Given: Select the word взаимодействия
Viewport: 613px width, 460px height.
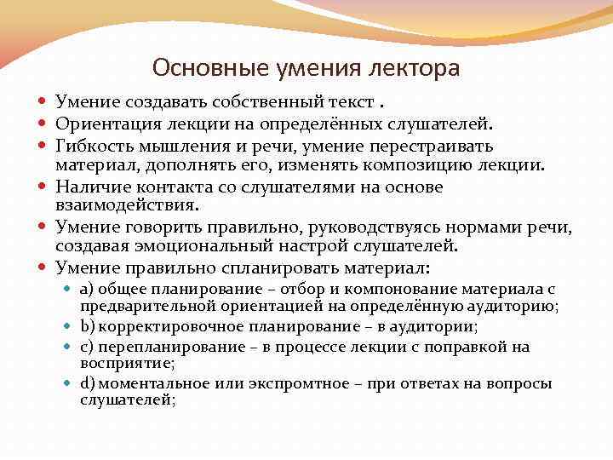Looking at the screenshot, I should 125,204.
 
